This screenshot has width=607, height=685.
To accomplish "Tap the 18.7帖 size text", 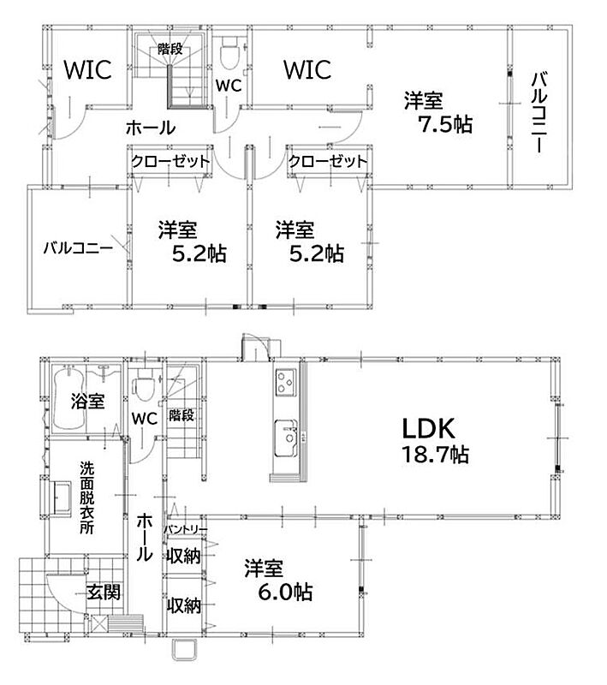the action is pyautogui.click(x=436, y=455).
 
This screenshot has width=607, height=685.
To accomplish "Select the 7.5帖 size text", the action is pyautogui.click(x=446, y=124).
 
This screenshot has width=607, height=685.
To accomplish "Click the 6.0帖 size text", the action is pyautogui.click(x=285, y=592).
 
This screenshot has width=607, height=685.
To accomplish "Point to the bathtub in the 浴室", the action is pyautogui.click(x=68, y=398).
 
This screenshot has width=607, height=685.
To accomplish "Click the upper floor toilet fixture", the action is pyautogui.click(x=230, y=53).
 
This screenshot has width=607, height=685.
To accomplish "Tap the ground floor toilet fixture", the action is pyautogui.click(x=143, y=384).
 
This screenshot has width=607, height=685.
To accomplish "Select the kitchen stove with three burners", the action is pyautogui.click(x=286, y=382).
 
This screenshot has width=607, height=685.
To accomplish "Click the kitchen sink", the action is pyautogui.click(x=286, y=438).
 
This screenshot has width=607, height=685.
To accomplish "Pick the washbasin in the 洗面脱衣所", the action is pyautogui.click(x=61, y=498).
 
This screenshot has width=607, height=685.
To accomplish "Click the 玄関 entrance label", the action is pyautogui.click(x=104, y=593).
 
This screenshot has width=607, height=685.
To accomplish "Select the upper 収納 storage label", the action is pyautogui.click(x=183, y=556).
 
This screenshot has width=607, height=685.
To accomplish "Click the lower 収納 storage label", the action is pyautogui.click(x=184, y=605).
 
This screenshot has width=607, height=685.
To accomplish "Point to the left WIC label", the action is pyautogui.click(x=88, y=70).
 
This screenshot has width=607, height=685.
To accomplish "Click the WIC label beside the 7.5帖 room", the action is pyautogui.click(x=307, y=70).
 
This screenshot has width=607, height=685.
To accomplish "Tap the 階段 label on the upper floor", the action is pyautogui.click(x=170, y=49).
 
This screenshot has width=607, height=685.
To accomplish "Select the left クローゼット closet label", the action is pyautogui.click(x=170, y=162).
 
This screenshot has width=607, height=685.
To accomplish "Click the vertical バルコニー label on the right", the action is pyautogui.click(x=539, y=113).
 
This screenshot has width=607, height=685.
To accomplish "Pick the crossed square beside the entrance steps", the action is pyautogui.click(x=99, y=623).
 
